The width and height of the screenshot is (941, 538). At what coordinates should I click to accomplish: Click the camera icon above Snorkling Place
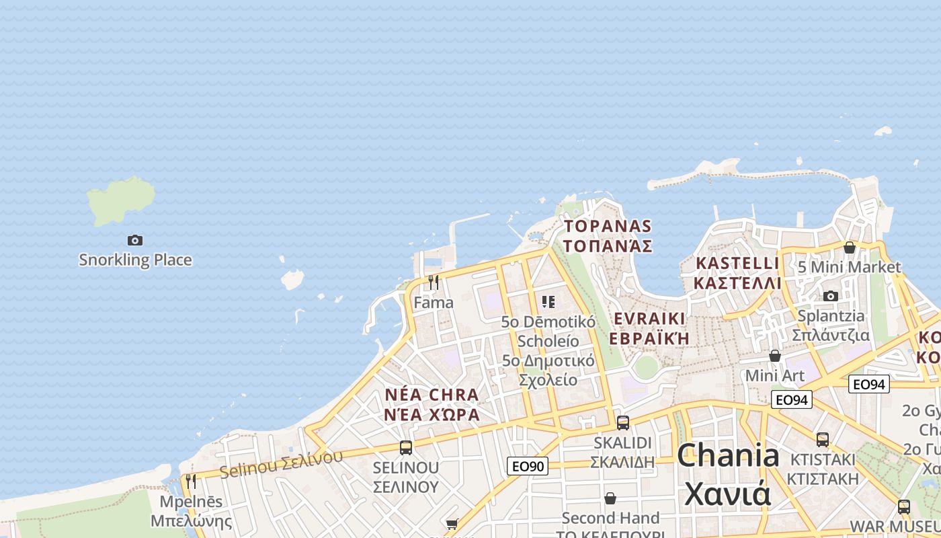tap(135, 240)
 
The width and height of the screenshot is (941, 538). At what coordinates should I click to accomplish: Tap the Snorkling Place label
tap(135, 260)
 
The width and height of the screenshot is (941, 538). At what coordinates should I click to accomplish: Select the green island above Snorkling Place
tap(120, 200)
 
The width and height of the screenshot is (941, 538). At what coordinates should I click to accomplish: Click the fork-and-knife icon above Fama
tap(434, 282)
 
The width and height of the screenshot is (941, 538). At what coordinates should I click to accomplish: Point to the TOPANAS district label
tap(608, 235)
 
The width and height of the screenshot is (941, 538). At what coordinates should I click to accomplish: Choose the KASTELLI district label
tap(738, 272)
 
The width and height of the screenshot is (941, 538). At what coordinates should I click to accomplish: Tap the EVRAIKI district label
tap(649, 328)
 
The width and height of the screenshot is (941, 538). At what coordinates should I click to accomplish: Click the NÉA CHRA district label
tap(432, 404)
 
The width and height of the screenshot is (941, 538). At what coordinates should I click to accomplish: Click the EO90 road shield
tap(528, 466)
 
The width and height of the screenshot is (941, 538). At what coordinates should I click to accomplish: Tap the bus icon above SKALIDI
tap(623, 423)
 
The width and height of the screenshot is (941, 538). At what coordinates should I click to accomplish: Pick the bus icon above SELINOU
tap(406, 448)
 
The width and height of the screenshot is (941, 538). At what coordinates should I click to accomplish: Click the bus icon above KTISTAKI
tap(823, 440)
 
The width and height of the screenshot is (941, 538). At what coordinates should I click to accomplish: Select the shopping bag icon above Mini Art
tap(775, 356)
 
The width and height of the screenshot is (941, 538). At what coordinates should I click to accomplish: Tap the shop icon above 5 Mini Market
tap(850, 247)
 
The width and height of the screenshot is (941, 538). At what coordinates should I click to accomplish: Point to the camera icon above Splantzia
tap(831, 296)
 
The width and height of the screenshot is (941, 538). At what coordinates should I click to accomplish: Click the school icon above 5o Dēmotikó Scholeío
tap(548, 302)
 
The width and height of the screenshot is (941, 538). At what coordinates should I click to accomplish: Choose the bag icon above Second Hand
tap(610, 498)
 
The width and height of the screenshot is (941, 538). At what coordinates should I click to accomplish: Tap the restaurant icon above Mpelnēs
tap(191, 482)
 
